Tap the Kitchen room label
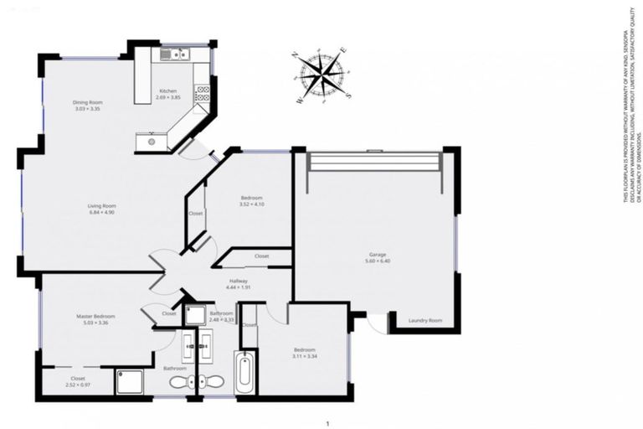coord(167,91)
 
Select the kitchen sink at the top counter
coord(178,55)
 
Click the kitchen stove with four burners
coord(202,95)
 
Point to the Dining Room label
coord(88,103)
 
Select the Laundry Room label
coord(424,321)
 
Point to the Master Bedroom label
coord(95,316)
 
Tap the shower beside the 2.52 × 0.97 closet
coord(131,381)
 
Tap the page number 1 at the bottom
coord(328,424)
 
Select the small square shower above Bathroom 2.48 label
coord(194,316)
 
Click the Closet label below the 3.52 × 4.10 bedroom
coord(261,256)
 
